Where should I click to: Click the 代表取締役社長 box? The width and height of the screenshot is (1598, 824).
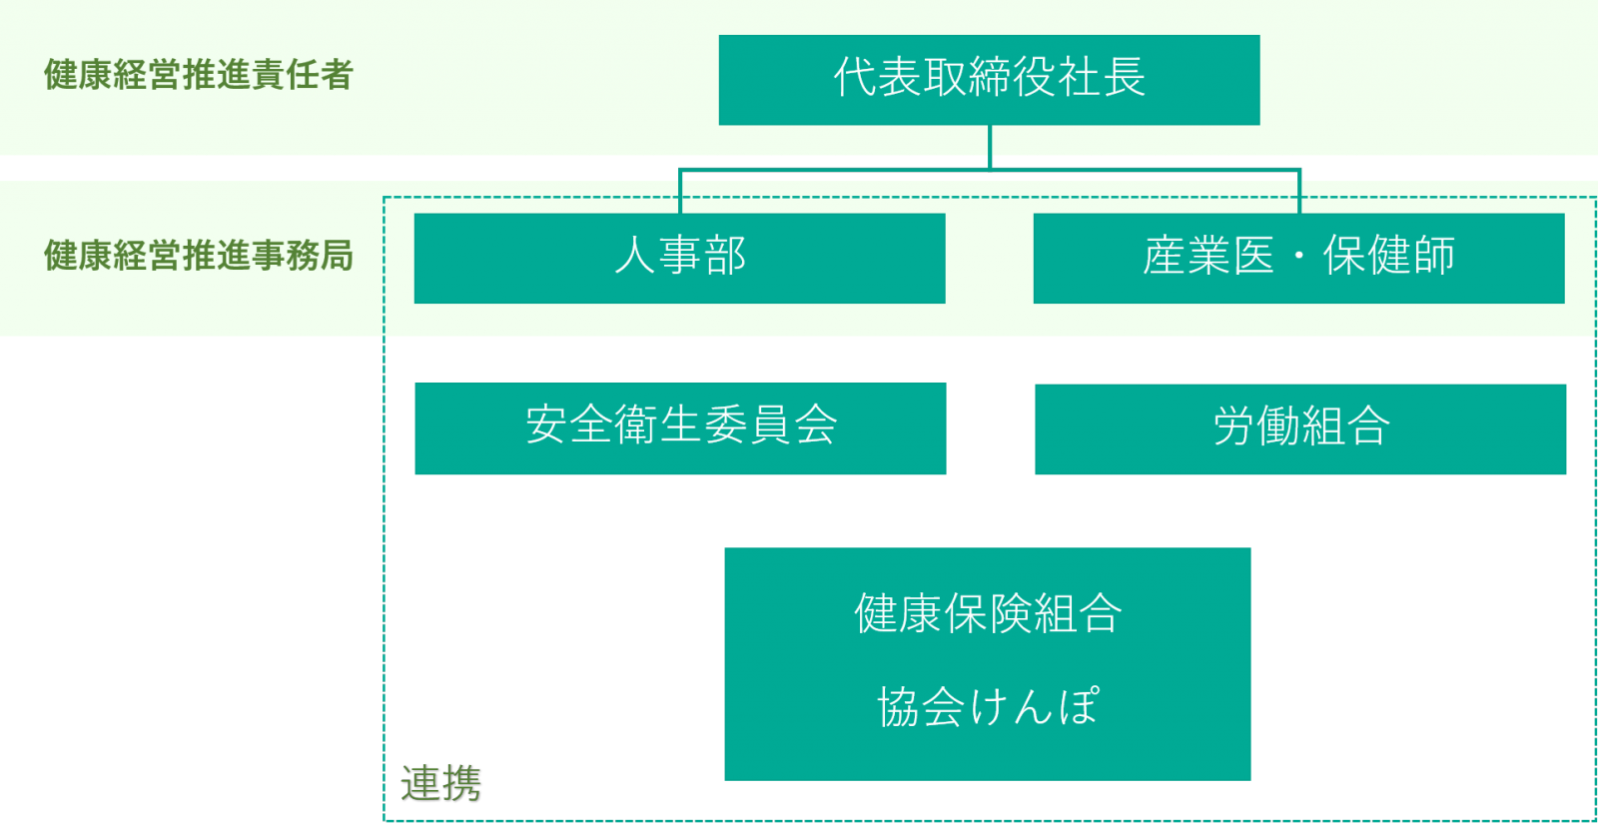point(989,80)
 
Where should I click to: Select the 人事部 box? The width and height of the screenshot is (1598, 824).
point(679,258)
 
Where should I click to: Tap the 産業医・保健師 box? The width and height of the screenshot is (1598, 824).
point(1298,258)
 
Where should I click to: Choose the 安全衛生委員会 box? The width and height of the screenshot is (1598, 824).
point(680,427)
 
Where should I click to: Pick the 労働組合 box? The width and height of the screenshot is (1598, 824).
point(1300,428)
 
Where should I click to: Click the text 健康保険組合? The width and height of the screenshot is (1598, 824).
point(988,613)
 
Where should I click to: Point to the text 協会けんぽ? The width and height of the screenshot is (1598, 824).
point(988,706)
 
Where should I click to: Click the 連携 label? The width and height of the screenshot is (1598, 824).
point(440,783)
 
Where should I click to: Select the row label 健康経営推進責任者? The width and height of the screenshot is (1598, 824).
point(199,75)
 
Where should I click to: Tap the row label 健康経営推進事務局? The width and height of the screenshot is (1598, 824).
point(199,256)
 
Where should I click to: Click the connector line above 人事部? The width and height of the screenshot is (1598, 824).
point(680,192)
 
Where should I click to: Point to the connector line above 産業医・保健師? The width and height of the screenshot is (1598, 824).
point(1299,192)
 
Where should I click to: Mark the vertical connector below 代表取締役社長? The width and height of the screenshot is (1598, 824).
point(990,146)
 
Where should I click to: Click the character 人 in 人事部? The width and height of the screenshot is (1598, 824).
point(635,256)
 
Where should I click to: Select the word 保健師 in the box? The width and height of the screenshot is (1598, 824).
point(1388,256)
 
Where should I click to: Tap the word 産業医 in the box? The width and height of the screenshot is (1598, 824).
point(1208,256)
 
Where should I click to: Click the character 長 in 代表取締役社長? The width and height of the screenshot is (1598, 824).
point(1124,77)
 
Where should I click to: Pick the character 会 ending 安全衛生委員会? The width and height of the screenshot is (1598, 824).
point(815,424)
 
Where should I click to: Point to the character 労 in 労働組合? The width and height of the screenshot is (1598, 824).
point(1234,426)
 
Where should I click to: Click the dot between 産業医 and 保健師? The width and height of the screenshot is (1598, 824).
point(1299,257)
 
